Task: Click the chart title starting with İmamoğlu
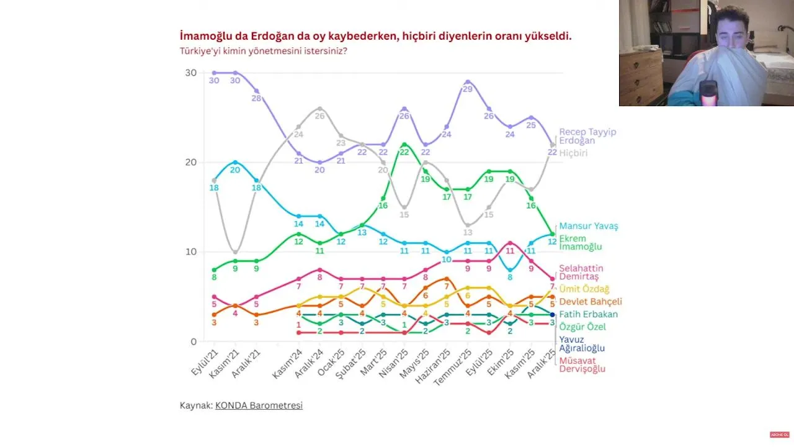pyautogui.click(x=375, y=36)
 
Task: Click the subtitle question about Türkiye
pyautogui.click(x=263, y=50)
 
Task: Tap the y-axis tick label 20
pyautogui.click(x=190, y=162)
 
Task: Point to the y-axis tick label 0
pyautogui.click(x=193, y=341)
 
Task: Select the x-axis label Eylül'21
pyautogui.click(x=205, y=363)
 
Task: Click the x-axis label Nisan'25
pyautogui.click(x=393, y=364)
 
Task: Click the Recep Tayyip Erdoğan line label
pyautogui.click(x=587, y=136)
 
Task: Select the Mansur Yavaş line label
pyautogui.click(x=589, y=226)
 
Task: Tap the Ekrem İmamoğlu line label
pyautogui.click(x=580, y=243)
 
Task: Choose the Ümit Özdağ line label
pyautogui.click(x=584, y=289)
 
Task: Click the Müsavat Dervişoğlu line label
pyautogui.click(x=582, y=364)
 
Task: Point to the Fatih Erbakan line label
pyautogui.click(x=588, y=314)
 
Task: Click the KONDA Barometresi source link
pyautogui.click(x=259, y=405)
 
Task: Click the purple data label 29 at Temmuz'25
pyautogui.click(x=468, y=89)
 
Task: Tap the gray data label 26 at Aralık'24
pyautogui.click(x=319, y=115)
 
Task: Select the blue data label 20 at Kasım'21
pyautogui.click(x=234, y=170)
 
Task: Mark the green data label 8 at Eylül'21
pyautogui.click(x=214, y=278)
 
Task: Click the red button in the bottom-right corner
pyautogui.click(x=778, y=435)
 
